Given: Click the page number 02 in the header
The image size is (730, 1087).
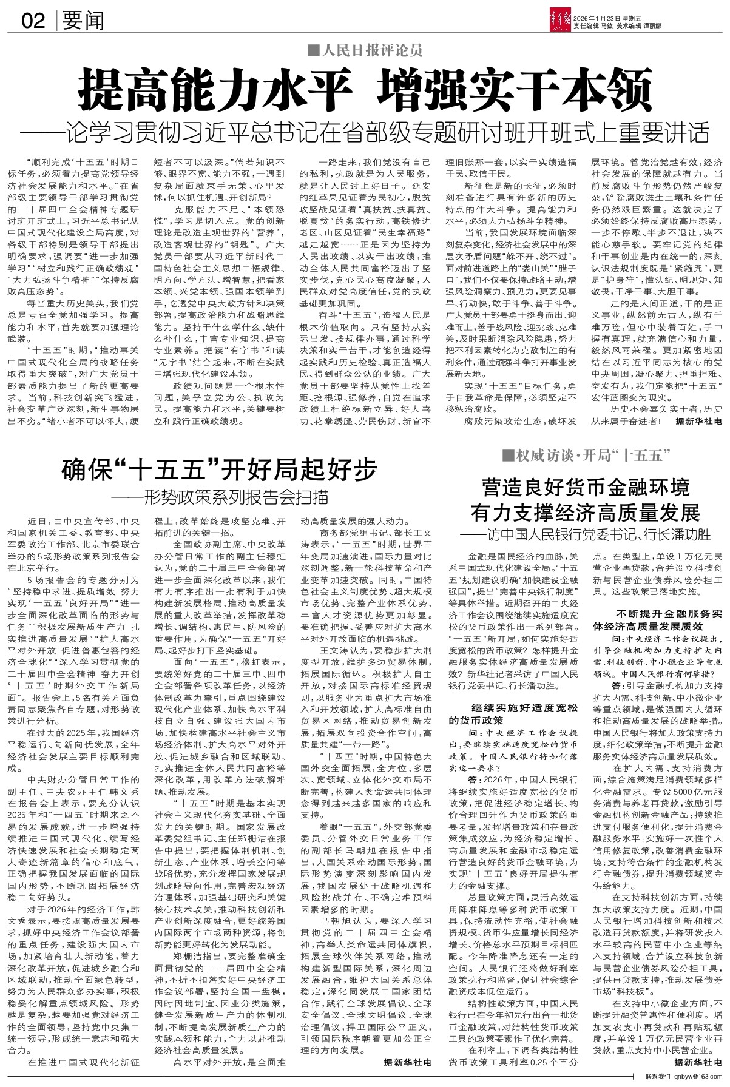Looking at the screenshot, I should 34,22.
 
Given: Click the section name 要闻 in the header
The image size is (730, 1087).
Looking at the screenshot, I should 83,22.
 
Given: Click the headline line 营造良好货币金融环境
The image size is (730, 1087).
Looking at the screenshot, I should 586,487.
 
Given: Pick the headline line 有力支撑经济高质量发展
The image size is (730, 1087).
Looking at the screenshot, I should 586,513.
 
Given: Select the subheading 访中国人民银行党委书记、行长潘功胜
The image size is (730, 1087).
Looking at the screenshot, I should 586,535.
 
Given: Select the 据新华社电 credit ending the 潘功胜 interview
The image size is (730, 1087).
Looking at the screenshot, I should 698,1063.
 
